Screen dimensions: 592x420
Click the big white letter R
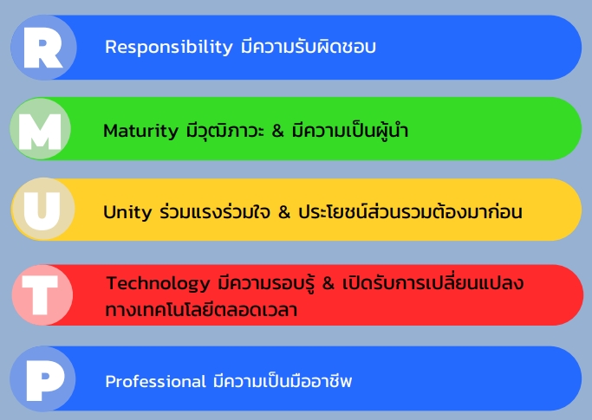(x=42, y=48)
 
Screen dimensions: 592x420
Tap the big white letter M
(x=40, y=132)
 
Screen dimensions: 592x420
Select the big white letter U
(x=42, y=211)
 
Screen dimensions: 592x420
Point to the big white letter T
(x=40, y=294)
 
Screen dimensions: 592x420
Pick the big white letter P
(x=45, y=380)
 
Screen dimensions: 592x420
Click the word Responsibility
(x=169, y=48)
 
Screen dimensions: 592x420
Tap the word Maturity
(x=140, y=132)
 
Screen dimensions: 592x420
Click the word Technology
(x=159, y=284)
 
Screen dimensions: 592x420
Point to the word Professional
(x=155, y=381)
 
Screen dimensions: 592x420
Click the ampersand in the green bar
(x=277, y=131)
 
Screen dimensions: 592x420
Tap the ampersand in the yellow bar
(x=284, y=212)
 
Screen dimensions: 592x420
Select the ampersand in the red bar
(x=329, y=283)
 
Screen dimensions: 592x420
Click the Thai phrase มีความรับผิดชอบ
(x=309, y=47)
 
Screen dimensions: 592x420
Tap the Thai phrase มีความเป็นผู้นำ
(x=350, y=130)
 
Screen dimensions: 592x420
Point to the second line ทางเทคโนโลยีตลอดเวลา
(x=201, y=309)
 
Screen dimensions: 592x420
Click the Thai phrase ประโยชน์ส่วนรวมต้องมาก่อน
(x=410, y=210)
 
